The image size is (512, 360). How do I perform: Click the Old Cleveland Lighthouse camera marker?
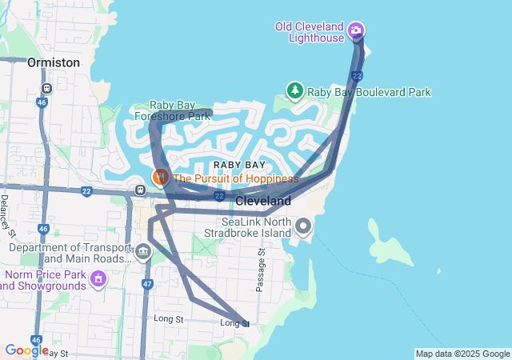click(x=356, y=32)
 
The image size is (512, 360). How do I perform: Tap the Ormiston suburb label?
click(x=54, y=62)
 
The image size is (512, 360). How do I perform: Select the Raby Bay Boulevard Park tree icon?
click(x=295, y=90)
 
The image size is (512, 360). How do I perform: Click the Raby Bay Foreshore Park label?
click(x=179, y=110)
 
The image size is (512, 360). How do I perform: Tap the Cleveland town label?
click(x=262, y=201)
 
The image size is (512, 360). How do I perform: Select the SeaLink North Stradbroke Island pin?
click(x=302, y=226)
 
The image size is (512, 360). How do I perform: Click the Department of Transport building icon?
click(x=143, y=254)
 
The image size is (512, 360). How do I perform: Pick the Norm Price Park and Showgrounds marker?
click(x=98, y=279)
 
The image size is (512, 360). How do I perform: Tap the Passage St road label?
click(x=261, y=270)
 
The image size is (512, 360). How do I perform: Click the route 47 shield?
click(x=146, y=284)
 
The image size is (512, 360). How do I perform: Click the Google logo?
click(x=26, y=350)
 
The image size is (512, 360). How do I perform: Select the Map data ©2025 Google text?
click(x=462, y=354)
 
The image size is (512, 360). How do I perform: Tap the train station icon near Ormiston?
click(x=48, y=88)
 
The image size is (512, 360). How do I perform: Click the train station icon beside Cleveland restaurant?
click(x=140, y=190)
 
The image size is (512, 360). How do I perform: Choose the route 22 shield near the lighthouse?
click(x=357, y=75)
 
